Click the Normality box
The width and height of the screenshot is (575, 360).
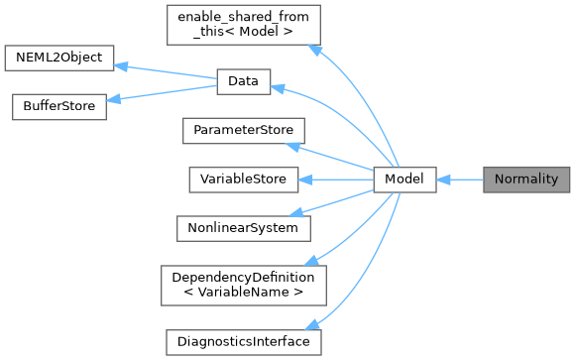tap(525, 180)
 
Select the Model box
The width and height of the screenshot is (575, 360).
tap(404, 180)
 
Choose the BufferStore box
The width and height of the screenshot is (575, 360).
tap(58, 106)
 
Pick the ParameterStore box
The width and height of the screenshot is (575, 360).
tap(243, 129)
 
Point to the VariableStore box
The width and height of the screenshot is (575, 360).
tap(243, 180)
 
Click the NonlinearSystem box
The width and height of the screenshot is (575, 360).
tap(243, 227)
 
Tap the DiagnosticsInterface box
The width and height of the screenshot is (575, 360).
tap(243, 341)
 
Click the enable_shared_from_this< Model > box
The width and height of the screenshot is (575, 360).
tap(243, 27)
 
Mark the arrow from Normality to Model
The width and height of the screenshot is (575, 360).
tap(459, 180)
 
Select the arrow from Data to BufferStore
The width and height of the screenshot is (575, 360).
tap(164, 94)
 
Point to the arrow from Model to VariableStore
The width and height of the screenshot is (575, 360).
tap(337, 180)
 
